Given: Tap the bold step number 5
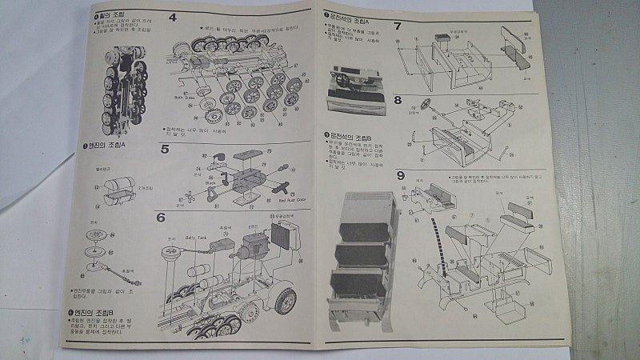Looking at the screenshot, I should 164,149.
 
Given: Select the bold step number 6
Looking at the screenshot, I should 161,217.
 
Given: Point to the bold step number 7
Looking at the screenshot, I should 398,26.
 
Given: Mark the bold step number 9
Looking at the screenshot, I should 400,176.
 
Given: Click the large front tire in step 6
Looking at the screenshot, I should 286,300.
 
